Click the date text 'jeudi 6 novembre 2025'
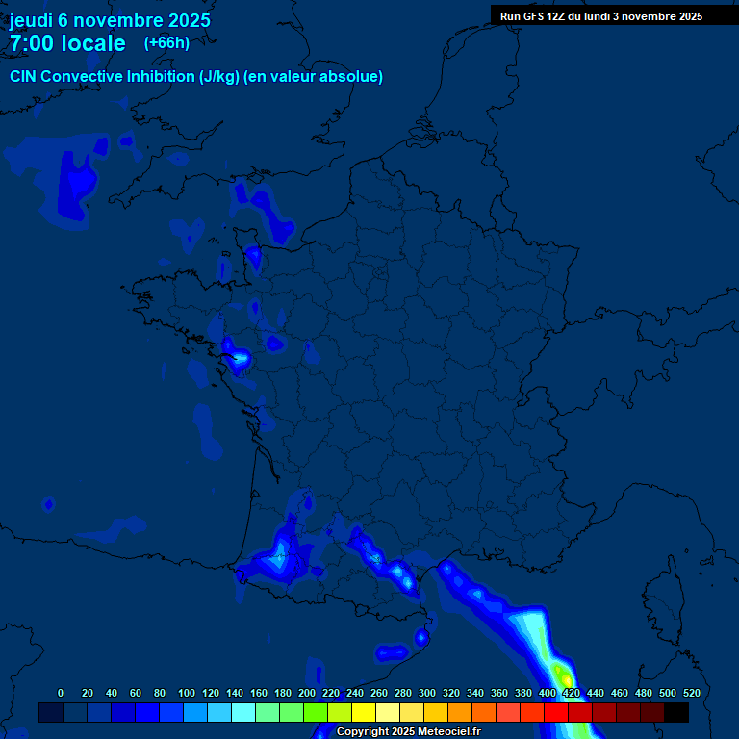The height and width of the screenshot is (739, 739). (x=110, y=20)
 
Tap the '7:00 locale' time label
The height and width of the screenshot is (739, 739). (x=67, y=43)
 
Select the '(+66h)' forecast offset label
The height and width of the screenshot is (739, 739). (x=166, y=43)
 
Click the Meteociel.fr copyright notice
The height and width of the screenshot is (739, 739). (x=407, y=732)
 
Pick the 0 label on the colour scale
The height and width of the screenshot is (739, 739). (x=61, y=693)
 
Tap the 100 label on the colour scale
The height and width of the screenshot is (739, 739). (x=187, y=693)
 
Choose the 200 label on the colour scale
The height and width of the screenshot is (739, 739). (x=307, y=693)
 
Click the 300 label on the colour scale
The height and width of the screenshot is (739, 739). (x=427, y=693)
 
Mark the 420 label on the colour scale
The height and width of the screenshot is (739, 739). (x=572, y=693)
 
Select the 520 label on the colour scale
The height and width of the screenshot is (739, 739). (x=691, y=693)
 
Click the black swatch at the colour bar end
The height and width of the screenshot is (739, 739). (x=676, y=712)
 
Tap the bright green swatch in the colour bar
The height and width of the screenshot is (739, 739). (x=316, y=712)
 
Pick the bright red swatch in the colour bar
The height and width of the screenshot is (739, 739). (x=556, y=712)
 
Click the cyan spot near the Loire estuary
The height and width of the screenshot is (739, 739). (x=237, y=359)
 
